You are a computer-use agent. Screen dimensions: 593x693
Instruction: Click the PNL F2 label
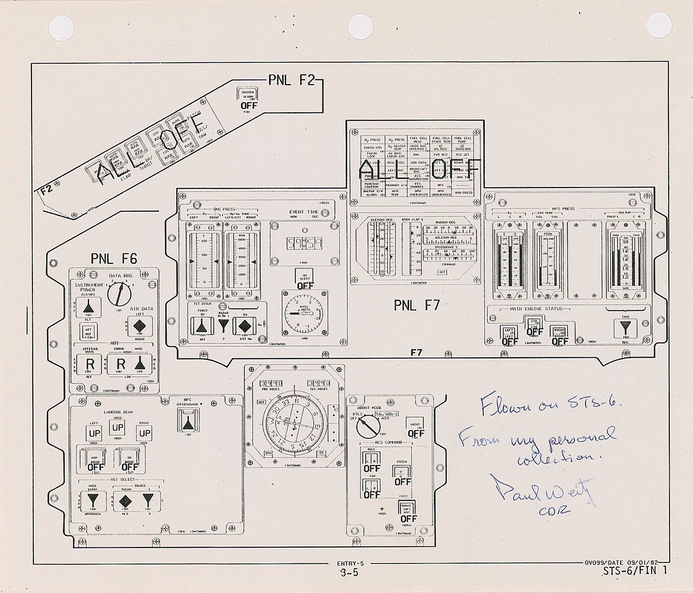click(x=291, y=80)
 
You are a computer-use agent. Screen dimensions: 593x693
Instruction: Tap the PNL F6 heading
click(x=114, y=259)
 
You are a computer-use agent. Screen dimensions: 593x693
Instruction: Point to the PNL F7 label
click(x=417, y=305)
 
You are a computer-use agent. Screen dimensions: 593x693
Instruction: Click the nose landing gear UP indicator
click(x=118, y=427)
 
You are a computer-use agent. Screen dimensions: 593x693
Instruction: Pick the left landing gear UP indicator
click(x=94, y=433)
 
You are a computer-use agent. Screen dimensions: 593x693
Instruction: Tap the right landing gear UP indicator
click(x=144, y=433)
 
